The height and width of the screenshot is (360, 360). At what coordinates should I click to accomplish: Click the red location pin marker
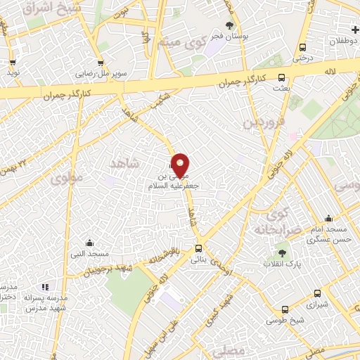click(181, 165)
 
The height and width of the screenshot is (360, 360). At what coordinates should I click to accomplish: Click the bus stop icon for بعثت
click(282, 78)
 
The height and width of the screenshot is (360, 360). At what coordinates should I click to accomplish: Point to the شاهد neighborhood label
click(125, 163)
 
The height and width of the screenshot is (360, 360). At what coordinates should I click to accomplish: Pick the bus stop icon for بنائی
click(200, 248)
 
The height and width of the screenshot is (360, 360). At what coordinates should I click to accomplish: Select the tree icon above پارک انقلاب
click(282, 251)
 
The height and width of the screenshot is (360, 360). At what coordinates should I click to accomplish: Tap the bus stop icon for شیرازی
click(318, 294)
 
